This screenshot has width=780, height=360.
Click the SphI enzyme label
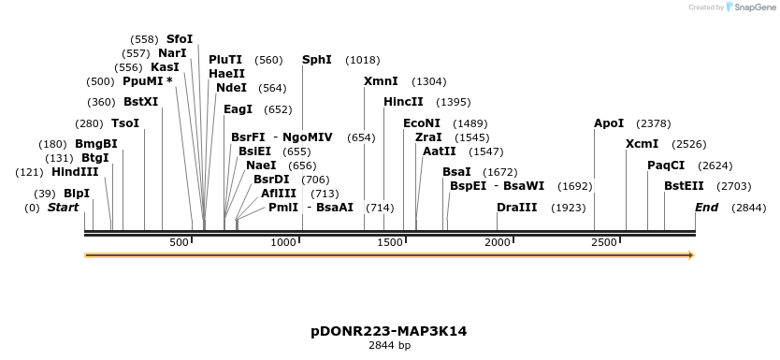tap(316, 60)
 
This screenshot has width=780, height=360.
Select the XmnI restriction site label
tap(381, 81)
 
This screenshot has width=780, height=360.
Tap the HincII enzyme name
tap(403, 102)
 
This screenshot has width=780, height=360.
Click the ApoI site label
tap(609, 123)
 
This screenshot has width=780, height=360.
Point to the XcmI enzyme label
tap(642, 144)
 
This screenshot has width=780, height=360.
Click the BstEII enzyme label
tap(684, 186)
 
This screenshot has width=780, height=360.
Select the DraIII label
tap(516, 207)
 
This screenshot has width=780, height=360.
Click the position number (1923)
tap(569, 208)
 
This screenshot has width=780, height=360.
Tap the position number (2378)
tap(653, 123)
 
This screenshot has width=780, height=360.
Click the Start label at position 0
tap(63, 207)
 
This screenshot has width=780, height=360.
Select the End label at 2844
tap(706, 207)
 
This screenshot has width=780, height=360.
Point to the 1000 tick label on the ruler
tap(283, 242)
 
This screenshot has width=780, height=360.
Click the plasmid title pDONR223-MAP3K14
tap(389, 331)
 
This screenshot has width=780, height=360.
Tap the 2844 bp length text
tap(389, 345)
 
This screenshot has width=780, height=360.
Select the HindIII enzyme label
tap(74, 172)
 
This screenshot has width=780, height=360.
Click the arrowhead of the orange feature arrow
tap(691, 254)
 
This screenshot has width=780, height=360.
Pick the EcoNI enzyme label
tap(421, 123)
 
